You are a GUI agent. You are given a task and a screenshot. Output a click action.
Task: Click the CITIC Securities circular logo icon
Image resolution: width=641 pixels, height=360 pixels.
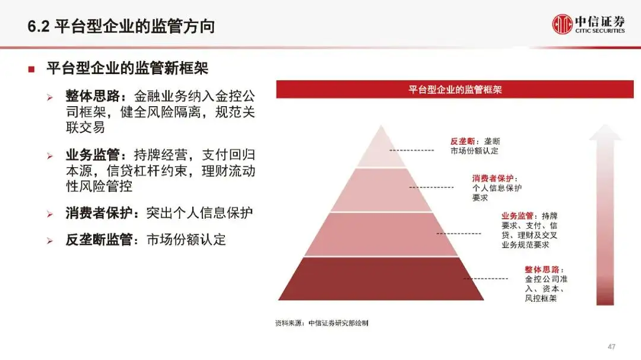click(x=562, y=24)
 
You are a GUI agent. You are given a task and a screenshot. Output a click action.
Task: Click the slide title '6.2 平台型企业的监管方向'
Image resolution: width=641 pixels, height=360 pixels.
click(x=121, y=27)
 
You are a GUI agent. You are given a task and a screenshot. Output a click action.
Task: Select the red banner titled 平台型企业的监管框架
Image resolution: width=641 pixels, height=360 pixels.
click(x=455, y=90)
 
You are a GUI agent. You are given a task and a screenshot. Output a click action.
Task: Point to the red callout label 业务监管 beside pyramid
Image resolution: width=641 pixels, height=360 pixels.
click(x=517, y=216)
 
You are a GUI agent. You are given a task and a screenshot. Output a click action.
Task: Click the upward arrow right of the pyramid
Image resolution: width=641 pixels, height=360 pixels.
click(x=605, y=214)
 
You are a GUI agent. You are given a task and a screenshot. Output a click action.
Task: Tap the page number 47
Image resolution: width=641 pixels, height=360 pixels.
click(x=611, y=346)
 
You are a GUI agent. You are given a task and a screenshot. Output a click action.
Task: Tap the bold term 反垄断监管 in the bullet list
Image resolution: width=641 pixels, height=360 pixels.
click(x=99, y=240)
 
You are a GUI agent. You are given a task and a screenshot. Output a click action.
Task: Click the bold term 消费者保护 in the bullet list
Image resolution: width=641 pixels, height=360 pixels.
click(x=99, y=213)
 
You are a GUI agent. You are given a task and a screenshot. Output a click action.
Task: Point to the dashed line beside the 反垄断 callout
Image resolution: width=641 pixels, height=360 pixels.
click(x=411, y=151)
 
